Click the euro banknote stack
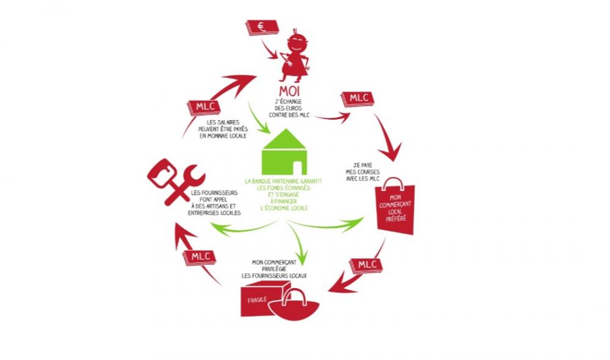click(262, 27)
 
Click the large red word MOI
click(289, 92)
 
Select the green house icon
click(284, 152)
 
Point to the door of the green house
click(298, 168)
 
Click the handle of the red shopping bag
click(392, 184)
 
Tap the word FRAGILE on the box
click(257, 300)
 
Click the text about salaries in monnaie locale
click(223, 129)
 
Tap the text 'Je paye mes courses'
click(362, 168)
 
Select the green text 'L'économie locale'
click(284, 208)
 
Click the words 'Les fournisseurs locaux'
click(274, 276)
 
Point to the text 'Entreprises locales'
click(214, 214)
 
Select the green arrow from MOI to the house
click(258, 118)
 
